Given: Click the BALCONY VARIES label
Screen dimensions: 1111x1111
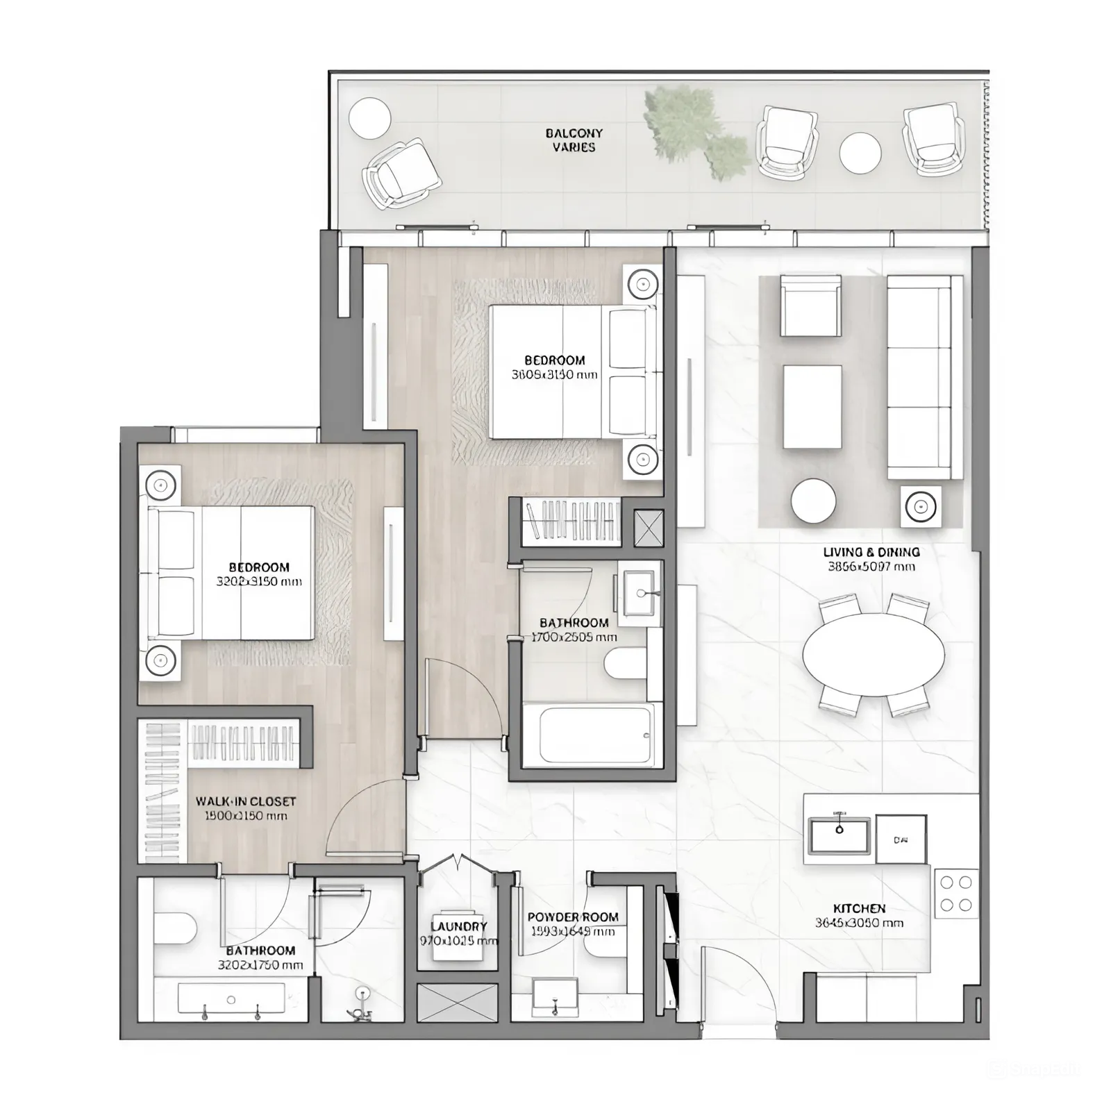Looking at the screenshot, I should [574, 140].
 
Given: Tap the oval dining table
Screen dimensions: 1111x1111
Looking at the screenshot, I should [874, 654].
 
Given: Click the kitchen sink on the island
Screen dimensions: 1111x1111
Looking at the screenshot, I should [839, 835].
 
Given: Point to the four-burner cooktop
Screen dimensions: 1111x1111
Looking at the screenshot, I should [955, 893].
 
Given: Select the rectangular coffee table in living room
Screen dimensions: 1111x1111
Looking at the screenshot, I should [812, 408].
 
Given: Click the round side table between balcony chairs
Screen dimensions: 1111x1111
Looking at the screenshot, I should [860, 153].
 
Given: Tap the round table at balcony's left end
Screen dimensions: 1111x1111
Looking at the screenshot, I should [369, 118].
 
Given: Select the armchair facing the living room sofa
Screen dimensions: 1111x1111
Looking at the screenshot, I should [810, 306].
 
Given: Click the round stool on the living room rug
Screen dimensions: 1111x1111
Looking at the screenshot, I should [813, 501].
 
